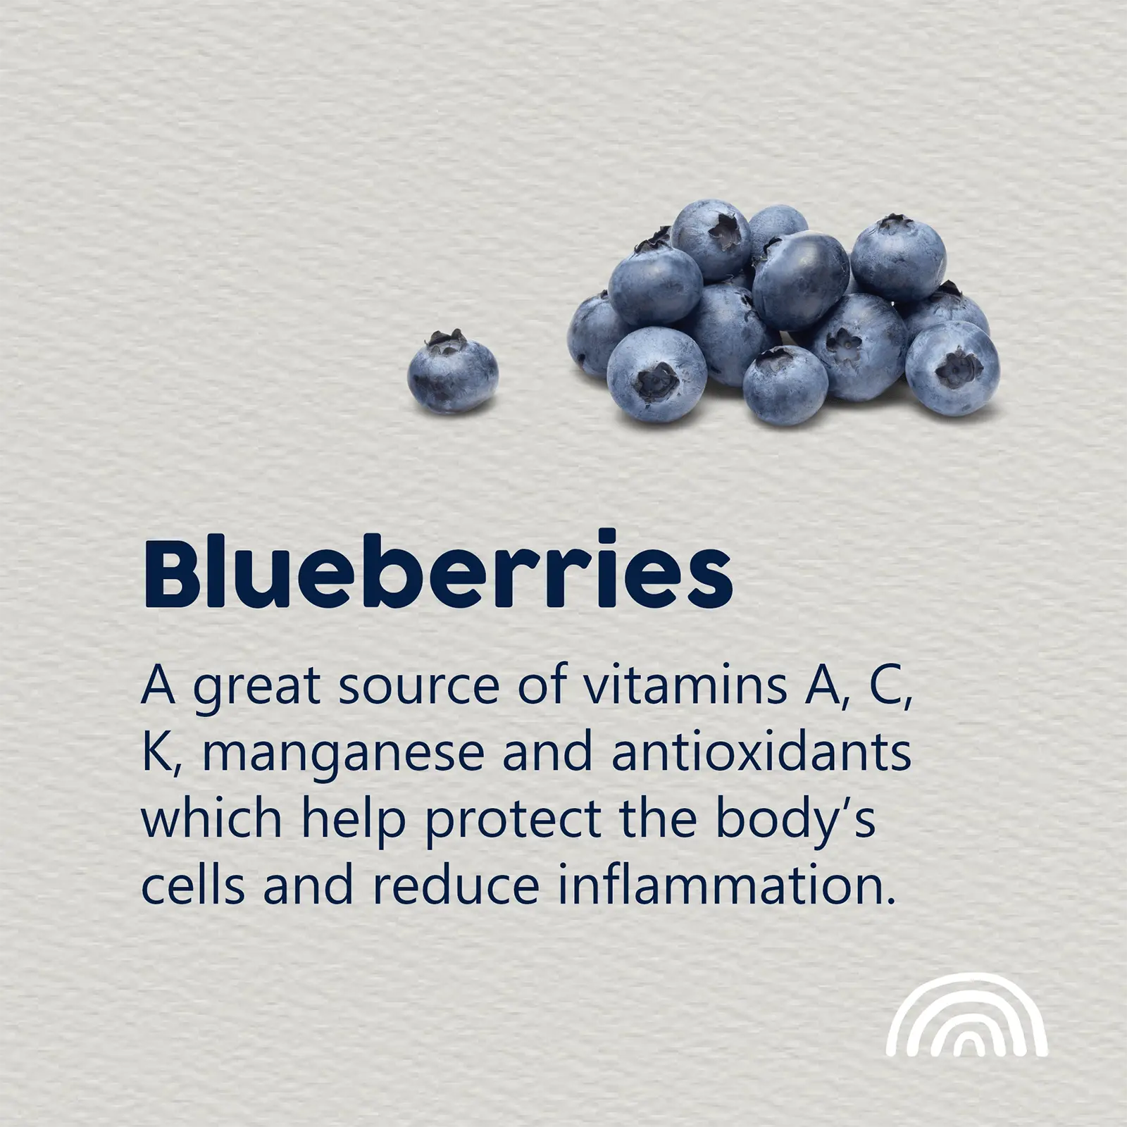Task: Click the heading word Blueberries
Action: pyautogui.click(x=437, y=571)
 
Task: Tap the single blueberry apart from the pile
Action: pyautogui.click(x=452, y=372)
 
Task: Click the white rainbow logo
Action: pyautogui.click(x=967, y=1014)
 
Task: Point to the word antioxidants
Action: pyautogui.click(x=761, y=752)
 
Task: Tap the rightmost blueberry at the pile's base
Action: pyautogui.click(x=952, y=368)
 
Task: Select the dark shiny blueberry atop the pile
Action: pyautogui.click(x=800, y=270)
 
